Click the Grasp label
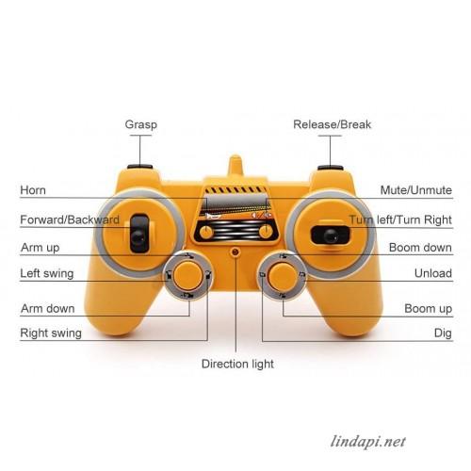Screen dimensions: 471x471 pos(141,124)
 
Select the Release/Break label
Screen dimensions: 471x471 pos(332,124)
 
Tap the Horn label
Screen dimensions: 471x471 pos(33,190)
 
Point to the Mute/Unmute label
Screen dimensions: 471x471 pos(416,190)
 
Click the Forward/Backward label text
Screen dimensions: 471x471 pos(70,219)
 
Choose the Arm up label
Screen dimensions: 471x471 pos(41,248)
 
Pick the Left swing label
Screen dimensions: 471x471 pos(47,273)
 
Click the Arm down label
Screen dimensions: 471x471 pos(48,308)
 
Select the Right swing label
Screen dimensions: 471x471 pos(51,333)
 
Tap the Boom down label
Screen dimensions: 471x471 pos(420,248)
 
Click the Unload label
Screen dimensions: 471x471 pos(433,273)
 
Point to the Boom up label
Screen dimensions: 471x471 pos(429,309)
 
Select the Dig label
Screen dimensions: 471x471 pos(443,333)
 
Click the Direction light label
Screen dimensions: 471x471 pos(237,364)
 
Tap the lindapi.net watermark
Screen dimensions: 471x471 pos(367,442)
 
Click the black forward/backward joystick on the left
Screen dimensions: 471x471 pos(139,234)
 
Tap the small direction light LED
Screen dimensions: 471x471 pos(235,252)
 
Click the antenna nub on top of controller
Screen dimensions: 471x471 pos(235,167)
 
